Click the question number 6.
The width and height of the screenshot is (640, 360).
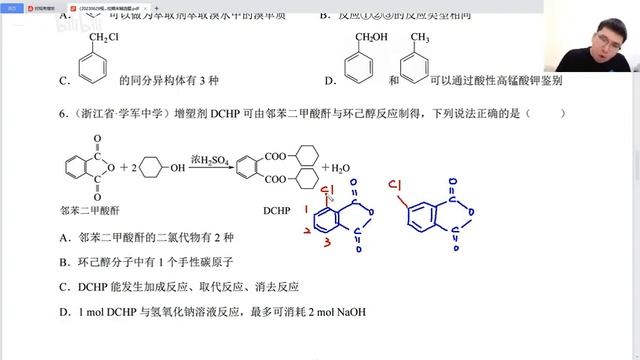(x=63, y=113)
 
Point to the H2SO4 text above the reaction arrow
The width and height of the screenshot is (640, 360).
(x=208, y=159)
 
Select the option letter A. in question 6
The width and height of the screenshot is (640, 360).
(x=64, y=237)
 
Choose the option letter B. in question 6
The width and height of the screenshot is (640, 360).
(x=64, y=262)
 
